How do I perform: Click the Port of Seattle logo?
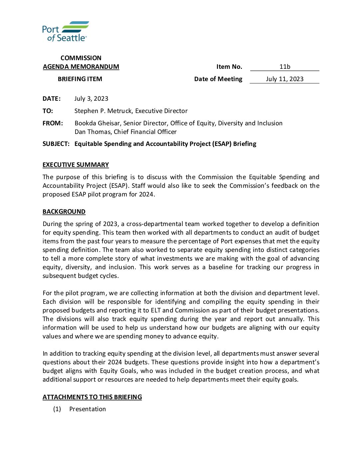pos(66,31)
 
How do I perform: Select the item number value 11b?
pos(285,67)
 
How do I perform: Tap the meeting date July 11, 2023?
pos(285,79)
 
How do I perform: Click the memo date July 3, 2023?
pos(91,99)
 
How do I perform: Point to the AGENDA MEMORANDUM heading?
pos(81,67)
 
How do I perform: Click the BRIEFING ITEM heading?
pos(80,79)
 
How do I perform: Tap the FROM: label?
pos(53,123)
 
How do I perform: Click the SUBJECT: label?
pos(56,144)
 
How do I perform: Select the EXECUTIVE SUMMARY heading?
pos(76,165)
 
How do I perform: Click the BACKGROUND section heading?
pos(64,212)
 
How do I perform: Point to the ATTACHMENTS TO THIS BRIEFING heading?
pos(92,397)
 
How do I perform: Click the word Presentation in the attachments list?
pos(88,409)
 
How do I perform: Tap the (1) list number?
pos(57,409)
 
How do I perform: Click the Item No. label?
pos(229,67)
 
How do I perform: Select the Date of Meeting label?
pos(218,79)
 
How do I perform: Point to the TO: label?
pos(48,111)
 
